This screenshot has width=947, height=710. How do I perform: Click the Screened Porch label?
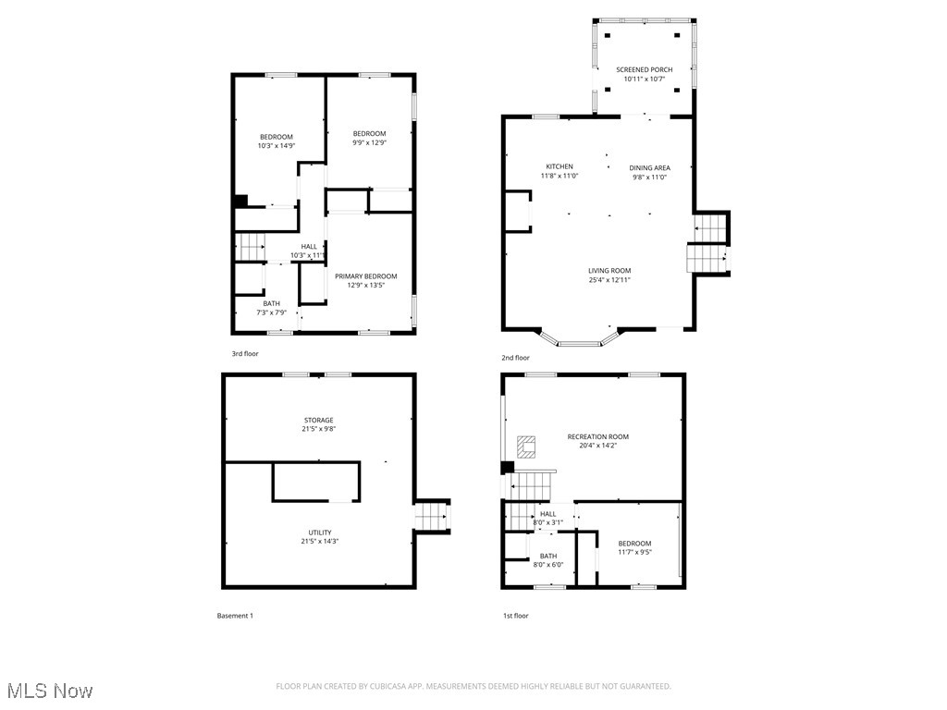(x=644, y=70)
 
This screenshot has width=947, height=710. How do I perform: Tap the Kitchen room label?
(x=559, y=167)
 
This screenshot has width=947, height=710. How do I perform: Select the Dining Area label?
(x=649, y=168)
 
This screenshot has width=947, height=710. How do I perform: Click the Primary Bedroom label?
(x=365, y=276)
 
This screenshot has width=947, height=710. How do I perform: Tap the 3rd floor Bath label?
(x=271, y=303)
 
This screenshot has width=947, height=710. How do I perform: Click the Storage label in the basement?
(x=318, y=421)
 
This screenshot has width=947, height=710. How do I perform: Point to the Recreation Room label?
(x=597, y=436)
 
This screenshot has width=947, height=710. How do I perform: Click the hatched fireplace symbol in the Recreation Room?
(x=526, y=447)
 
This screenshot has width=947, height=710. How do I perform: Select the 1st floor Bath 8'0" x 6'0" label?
(x=547, y=557)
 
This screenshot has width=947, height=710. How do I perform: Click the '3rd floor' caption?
(x=245, y=354)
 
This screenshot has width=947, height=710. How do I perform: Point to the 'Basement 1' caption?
(x=234, y=616)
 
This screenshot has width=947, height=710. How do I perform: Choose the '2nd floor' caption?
(x=515, y=358)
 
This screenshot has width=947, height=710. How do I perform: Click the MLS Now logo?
(x=48, y=691)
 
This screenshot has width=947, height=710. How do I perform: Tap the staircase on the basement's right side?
(x=431, y=516)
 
